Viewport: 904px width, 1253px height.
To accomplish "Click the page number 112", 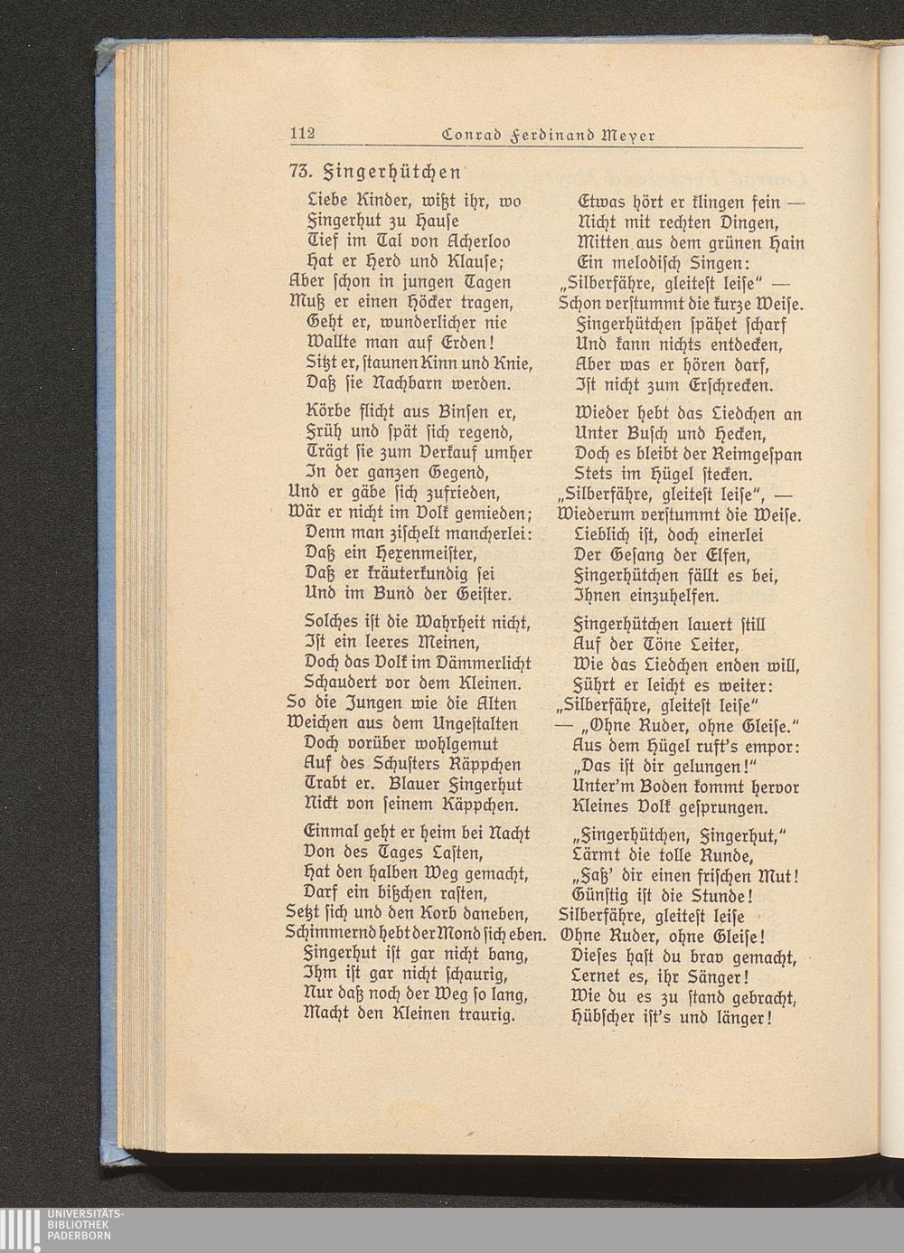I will coord(301,135).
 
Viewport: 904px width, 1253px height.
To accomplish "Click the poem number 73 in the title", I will coord(299,170).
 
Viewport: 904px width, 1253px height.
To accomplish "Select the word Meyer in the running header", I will coord(623,135).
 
